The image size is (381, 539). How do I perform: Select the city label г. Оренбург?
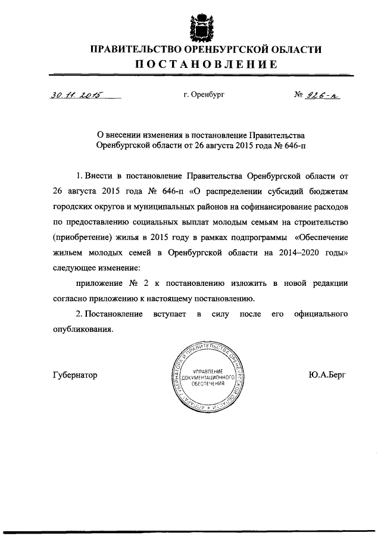[x=204, y=94]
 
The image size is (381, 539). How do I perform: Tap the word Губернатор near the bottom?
[x=75, y=375]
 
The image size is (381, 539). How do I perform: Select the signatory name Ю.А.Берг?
[x=328, y=375]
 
